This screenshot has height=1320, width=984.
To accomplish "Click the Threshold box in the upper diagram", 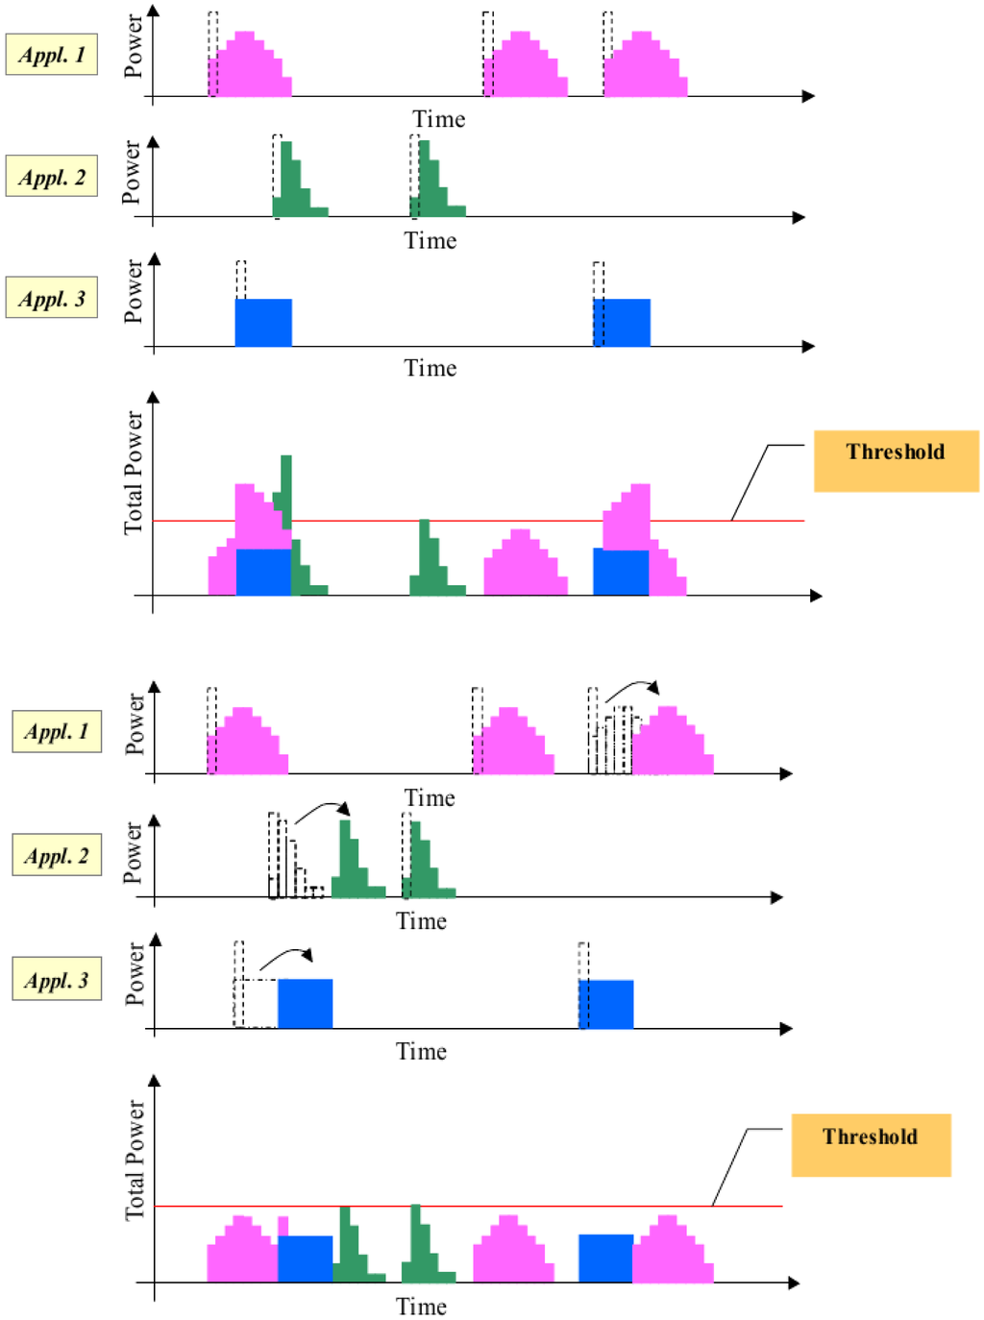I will pos(896,461).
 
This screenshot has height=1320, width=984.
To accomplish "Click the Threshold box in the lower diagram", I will pos(871,1145).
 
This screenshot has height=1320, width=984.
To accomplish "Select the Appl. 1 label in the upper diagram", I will pos(52,55).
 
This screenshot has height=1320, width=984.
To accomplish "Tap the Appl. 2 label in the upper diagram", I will pos(52,177).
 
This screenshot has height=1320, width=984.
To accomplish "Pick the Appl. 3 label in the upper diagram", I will pos(52,299).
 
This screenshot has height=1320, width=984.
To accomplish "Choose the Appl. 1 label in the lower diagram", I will pos(57,732).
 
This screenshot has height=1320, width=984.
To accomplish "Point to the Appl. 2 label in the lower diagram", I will pos(57,856).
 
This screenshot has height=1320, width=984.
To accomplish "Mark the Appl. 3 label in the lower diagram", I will pos(57,981).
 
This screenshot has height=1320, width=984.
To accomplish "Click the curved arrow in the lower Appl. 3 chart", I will pos(285,957).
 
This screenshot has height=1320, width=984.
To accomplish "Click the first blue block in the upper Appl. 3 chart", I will pos(263,323).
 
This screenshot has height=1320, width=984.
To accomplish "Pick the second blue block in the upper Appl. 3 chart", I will pos(622,323).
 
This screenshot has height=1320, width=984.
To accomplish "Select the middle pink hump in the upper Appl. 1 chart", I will pos(526,69).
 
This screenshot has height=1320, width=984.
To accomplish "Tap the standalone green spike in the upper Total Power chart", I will pos(430,567).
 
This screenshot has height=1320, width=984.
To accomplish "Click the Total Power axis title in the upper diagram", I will pos(133,473).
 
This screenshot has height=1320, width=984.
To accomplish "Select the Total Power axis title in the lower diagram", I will pos(135,1161).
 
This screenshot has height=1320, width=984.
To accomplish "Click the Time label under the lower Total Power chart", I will pos(421,1307).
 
